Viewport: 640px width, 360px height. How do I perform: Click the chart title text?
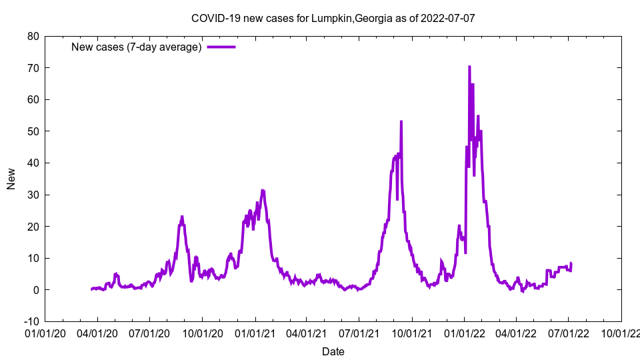pyautogui.click(x=333, y=18)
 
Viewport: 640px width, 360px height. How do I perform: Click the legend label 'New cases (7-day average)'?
pyautogui.click(x=136, y=47)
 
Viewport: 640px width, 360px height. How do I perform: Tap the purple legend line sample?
pyautogui.click(x=221, y=47)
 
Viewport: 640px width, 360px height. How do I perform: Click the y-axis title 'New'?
pyautogui.click(x=11, y=179)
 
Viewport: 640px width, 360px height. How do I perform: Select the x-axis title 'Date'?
pyautogui.click(x=333, y=351)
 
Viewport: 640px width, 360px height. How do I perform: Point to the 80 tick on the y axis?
pyautogui.click(x=33, y=36)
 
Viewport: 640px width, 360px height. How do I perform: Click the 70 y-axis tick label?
pyautogui.click(x=33, y=68)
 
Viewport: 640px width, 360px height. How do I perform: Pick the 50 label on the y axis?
pyautogui.click(x=33, y=131)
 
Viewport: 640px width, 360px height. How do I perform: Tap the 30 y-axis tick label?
pyautogui.click(x=33, y=195)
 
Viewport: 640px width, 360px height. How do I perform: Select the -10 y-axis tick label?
pyautogui.click(x=31, y=321)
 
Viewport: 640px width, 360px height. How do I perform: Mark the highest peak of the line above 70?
pyautogui.click(x=469, y=67)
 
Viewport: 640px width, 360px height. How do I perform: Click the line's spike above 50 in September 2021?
pyautogui.click(x=401, y=121)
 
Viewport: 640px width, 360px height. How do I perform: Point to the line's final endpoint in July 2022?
pyautogui.click(x=571, y=263)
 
